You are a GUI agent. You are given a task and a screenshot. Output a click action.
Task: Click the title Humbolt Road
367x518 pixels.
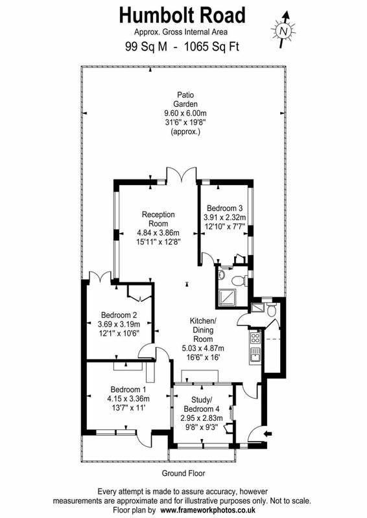182,16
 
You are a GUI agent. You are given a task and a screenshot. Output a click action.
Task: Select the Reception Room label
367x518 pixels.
158,219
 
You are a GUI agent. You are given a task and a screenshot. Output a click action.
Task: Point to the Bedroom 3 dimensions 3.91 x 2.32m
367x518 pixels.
225,218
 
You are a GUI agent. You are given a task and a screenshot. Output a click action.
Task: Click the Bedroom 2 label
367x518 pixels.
119,315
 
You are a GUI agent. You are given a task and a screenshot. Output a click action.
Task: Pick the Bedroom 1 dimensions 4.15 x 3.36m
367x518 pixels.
128,398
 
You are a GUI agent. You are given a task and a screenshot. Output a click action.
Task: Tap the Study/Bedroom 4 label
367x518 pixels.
201,404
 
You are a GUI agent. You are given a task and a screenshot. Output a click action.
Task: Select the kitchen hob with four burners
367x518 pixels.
255,337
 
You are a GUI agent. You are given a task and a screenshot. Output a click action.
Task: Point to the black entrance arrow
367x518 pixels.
268,433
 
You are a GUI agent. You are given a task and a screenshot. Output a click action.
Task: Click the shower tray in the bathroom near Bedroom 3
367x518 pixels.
227,297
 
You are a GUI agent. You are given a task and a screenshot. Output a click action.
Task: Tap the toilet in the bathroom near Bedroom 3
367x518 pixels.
239,281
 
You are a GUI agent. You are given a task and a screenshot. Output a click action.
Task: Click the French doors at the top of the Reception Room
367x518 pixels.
182,174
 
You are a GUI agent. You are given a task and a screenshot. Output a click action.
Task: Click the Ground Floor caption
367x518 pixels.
184,473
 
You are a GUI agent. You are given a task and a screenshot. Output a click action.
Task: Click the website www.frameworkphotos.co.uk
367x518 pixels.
208,510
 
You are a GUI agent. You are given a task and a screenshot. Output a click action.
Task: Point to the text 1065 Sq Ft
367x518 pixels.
211,46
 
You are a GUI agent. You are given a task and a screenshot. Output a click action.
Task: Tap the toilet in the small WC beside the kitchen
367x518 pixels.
271,310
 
